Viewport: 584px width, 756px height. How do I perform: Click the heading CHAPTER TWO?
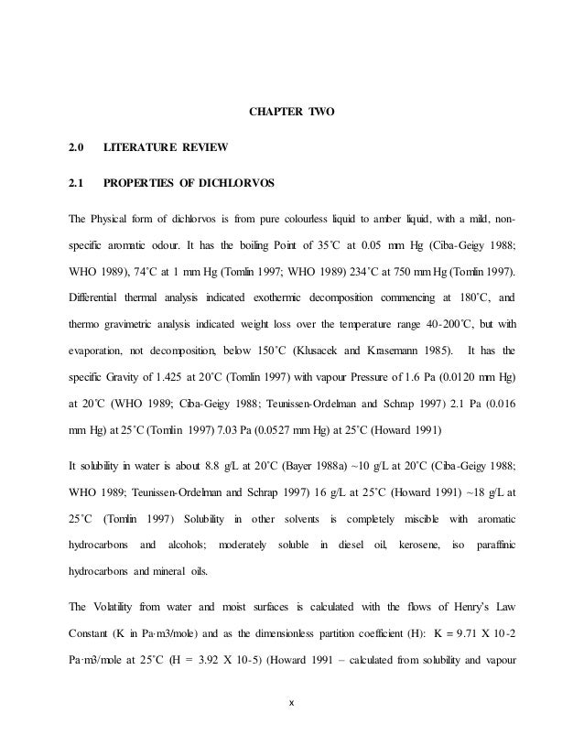coord(292,113)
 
